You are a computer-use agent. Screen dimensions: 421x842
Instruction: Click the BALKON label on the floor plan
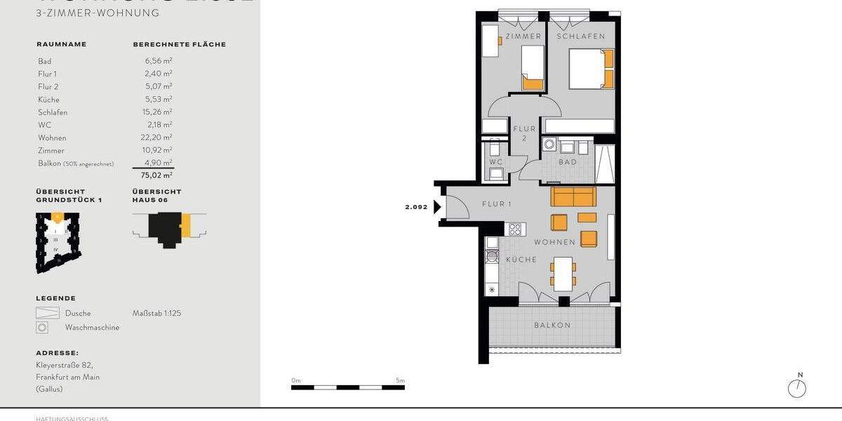click(552, 326)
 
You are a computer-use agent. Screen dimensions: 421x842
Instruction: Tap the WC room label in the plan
click(496, 162)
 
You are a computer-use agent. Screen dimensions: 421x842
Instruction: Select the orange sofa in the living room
click(573, 196)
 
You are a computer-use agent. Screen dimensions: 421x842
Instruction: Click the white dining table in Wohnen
click(562, 273)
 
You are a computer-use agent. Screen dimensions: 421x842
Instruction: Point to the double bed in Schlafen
click(591, 69)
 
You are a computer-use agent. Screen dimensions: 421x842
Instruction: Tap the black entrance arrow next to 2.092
click(438, 207)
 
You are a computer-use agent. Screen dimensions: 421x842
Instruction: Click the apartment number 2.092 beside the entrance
click(416, 207)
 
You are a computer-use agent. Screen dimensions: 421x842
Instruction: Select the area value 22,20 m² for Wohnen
click(159, 138)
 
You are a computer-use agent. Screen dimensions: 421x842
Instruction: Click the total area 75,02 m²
click(156, 175)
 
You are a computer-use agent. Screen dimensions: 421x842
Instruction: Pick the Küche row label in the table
click(48, 100)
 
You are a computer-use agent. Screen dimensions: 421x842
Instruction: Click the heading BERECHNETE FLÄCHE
click(179, 44)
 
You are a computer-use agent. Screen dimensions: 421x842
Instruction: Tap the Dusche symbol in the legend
click(48, 313)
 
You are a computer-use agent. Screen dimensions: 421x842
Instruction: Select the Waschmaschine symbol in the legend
click(43, 327)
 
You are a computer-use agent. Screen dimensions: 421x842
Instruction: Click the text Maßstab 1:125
click(156, 313)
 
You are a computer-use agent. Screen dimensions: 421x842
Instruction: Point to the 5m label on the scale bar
click(400, 380)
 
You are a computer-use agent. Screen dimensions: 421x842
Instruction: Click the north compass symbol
click(797, 388)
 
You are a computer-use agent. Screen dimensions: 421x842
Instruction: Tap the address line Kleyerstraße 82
click(64, 365)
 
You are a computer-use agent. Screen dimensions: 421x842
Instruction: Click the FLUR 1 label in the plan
click(496, 204)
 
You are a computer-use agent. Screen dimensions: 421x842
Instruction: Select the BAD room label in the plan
click(568, 162)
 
